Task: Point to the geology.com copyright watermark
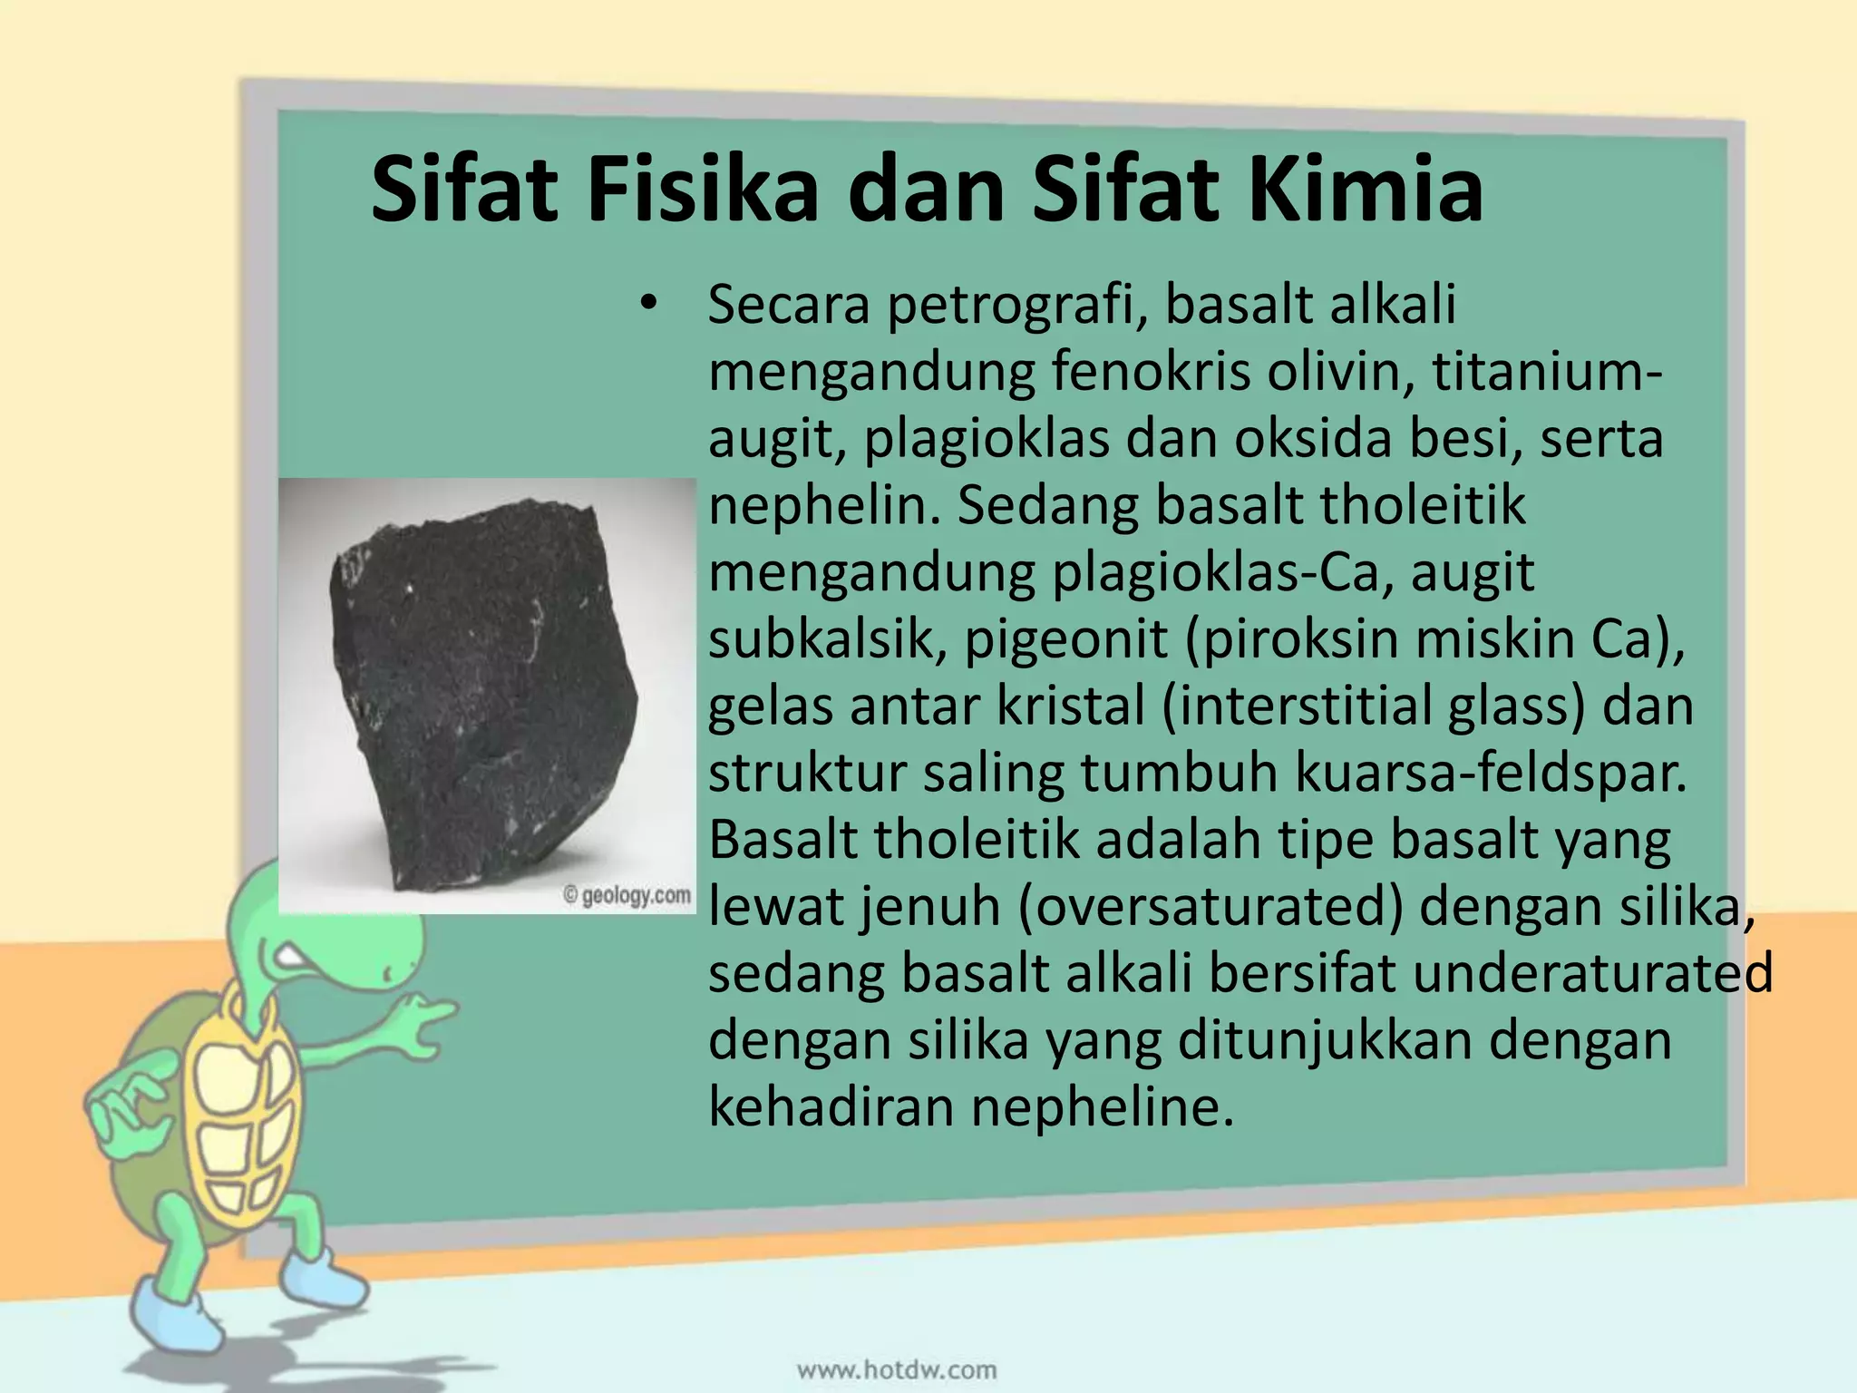pyautogui.click(x=627, y=895)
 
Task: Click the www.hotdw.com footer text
pyautogui.click(x=897, y=1369)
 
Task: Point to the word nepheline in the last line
pyautogui.click(x=1103, y=1106)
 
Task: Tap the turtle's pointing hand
pyautogui.click(x=426, y=1016)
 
